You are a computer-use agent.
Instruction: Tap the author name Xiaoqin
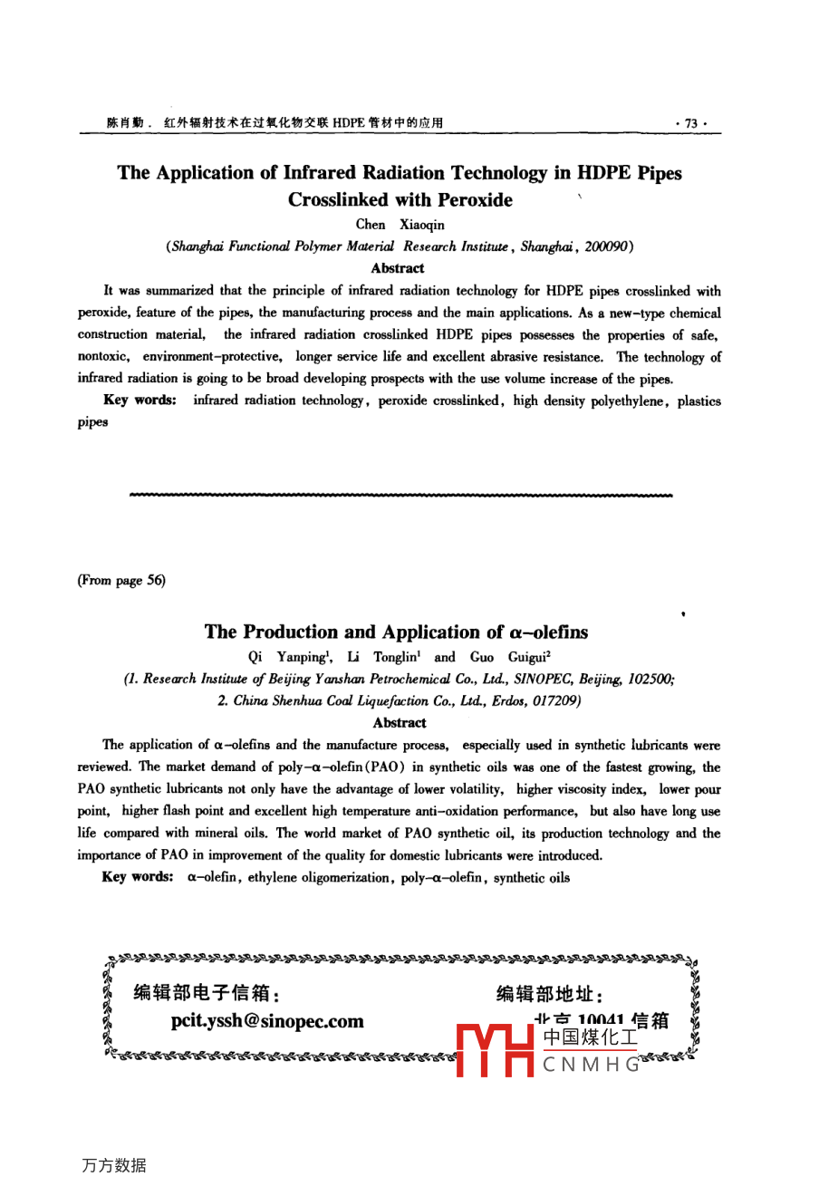pyautogui.click(x=422, y=225)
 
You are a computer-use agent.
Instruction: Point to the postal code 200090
pyautogui.click(x=608, y=246)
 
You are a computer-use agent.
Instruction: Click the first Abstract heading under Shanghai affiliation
pyautogui.click(x=398, y=268)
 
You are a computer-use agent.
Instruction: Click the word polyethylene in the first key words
pyautogui.click(x=627, y=400)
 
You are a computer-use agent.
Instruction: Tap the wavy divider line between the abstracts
pyautogui.click(x=400, y=496)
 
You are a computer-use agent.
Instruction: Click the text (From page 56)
pyautogui.click(x=121, y=580)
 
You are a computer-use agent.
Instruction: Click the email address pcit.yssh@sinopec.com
pyautogui.click(x=267, y=1021)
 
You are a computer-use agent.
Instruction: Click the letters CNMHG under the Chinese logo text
pyautogui.click(x=591, y=1066)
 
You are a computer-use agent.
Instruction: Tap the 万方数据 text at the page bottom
pyautogui.click(x=113, y=1165)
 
